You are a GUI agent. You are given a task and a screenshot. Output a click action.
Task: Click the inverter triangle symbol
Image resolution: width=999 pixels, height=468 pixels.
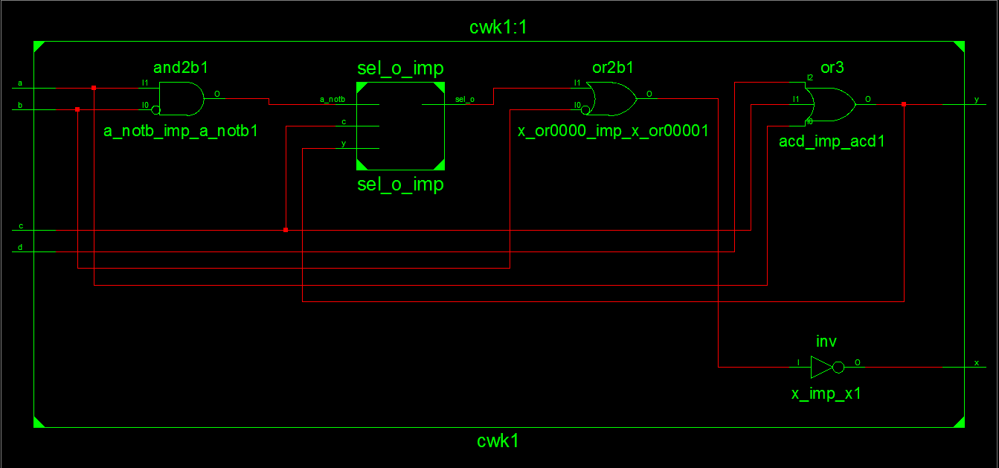click(821, 367)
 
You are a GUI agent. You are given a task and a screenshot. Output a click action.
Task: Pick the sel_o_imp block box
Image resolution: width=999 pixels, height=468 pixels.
click(400, 126)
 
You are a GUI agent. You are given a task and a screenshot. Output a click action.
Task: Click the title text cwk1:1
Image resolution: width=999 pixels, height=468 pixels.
click(498, 28)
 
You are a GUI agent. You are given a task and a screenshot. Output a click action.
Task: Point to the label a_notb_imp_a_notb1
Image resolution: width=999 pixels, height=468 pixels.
click(181, 131)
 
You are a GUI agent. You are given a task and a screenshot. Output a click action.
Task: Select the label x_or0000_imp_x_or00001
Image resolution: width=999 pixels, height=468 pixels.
click(613, 131)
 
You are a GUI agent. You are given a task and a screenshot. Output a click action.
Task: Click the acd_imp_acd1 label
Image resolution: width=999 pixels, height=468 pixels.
click(832, 141)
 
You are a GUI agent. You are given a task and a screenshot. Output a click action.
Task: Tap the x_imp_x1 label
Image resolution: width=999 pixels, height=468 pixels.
click(826, 394)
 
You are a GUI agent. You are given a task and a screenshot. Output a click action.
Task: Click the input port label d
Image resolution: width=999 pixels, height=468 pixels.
click(20, 247)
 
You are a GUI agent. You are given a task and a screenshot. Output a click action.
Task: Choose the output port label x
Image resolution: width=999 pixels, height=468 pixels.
click(977, 362)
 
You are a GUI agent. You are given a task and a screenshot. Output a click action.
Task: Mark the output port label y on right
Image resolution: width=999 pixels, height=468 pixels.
click(977, 100)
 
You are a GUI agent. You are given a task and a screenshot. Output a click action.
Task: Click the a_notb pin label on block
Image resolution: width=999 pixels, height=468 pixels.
click(332, 99)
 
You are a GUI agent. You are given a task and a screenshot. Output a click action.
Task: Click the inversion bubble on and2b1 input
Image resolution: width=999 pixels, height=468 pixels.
click(155, 110)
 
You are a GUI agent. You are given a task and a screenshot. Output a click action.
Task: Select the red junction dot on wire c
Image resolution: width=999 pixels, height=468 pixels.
click(286, 230)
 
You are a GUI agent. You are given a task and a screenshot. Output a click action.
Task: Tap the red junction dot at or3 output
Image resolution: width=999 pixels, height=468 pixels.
click(904, 104)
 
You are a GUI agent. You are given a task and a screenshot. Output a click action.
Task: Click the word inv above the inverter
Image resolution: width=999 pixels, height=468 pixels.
click(826, 342)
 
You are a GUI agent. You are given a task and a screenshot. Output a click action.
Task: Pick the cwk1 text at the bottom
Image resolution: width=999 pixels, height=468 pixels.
click(498, 440)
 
